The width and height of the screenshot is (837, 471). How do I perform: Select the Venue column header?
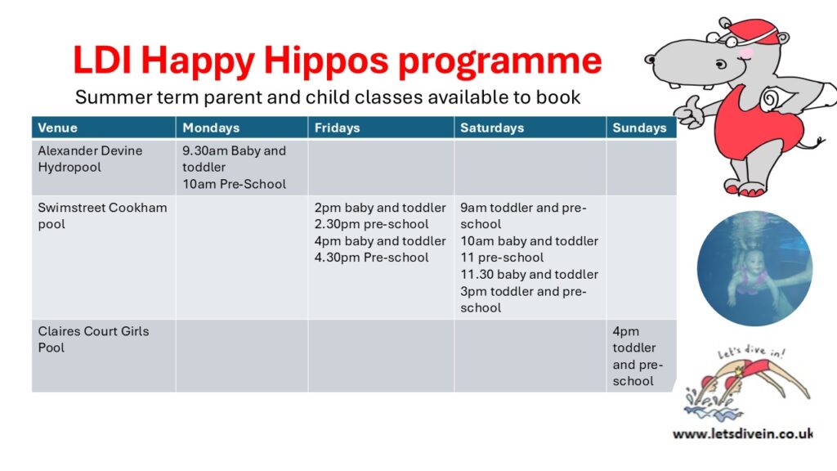click(x=58, y=128)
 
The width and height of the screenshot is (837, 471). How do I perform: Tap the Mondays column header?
click(x=211, y=128)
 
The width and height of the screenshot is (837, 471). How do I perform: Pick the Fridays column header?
click(x=338, y=128)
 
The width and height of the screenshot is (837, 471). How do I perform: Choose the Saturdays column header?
click(x=492, y=128)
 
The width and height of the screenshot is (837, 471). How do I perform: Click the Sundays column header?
click(x=639, y=128)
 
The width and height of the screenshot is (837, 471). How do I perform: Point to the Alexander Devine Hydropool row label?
click(x=90, y=159)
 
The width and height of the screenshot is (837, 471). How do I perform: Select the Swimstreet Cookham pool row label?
click(x=102, y=216)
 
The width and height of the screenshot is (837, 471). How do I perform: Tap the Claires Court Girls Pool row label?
click(x=93, y=339)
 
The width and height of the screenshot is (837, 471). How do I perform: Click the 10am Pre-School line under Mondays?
click(x=234, y=184)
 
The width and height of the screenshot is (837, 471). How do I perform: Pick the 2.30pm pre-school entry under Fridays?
click(x=372, y=224)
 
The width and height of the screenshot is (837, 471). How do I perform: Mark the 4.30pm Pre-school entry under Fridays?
click(x=372, y=258)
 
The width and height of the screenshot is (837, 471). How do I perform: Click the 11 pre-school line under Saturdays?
click(x=502, y=258)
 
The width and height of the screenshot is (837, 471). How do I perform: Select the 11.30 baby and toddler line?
click(x=529, y=274)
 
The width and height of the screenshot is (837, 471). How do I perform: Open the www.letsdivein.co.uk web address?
click(x=743, y=433)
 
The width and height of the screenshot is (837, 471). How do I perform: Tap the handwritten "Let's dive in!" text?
click(x=750, y=352)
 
